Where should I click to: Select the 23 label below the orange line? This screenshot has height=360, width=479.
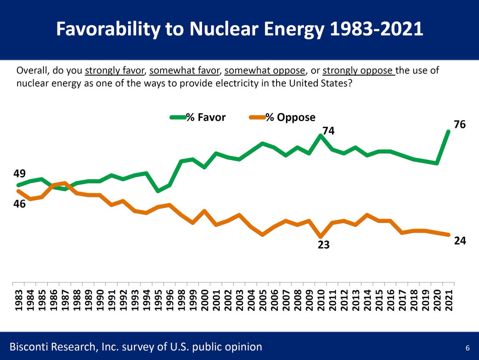[x=323, y=245]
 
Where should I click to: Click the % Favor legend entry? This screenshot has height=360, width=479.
[x=198, y=117]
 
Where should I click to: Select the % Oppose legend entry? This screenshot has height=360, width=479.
[x=282, y=117]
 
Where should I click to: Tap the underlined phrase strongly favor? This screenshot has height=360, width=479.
[x=114, y=71]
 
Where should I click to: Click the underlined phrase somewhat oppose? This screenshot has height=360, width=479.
[x=265, y=71]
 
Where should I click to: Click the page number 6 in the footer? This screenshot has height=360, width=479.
[x=467, y=348]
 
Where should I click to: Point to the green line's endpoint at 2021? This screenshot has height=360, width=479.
[x=449, y=131]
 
